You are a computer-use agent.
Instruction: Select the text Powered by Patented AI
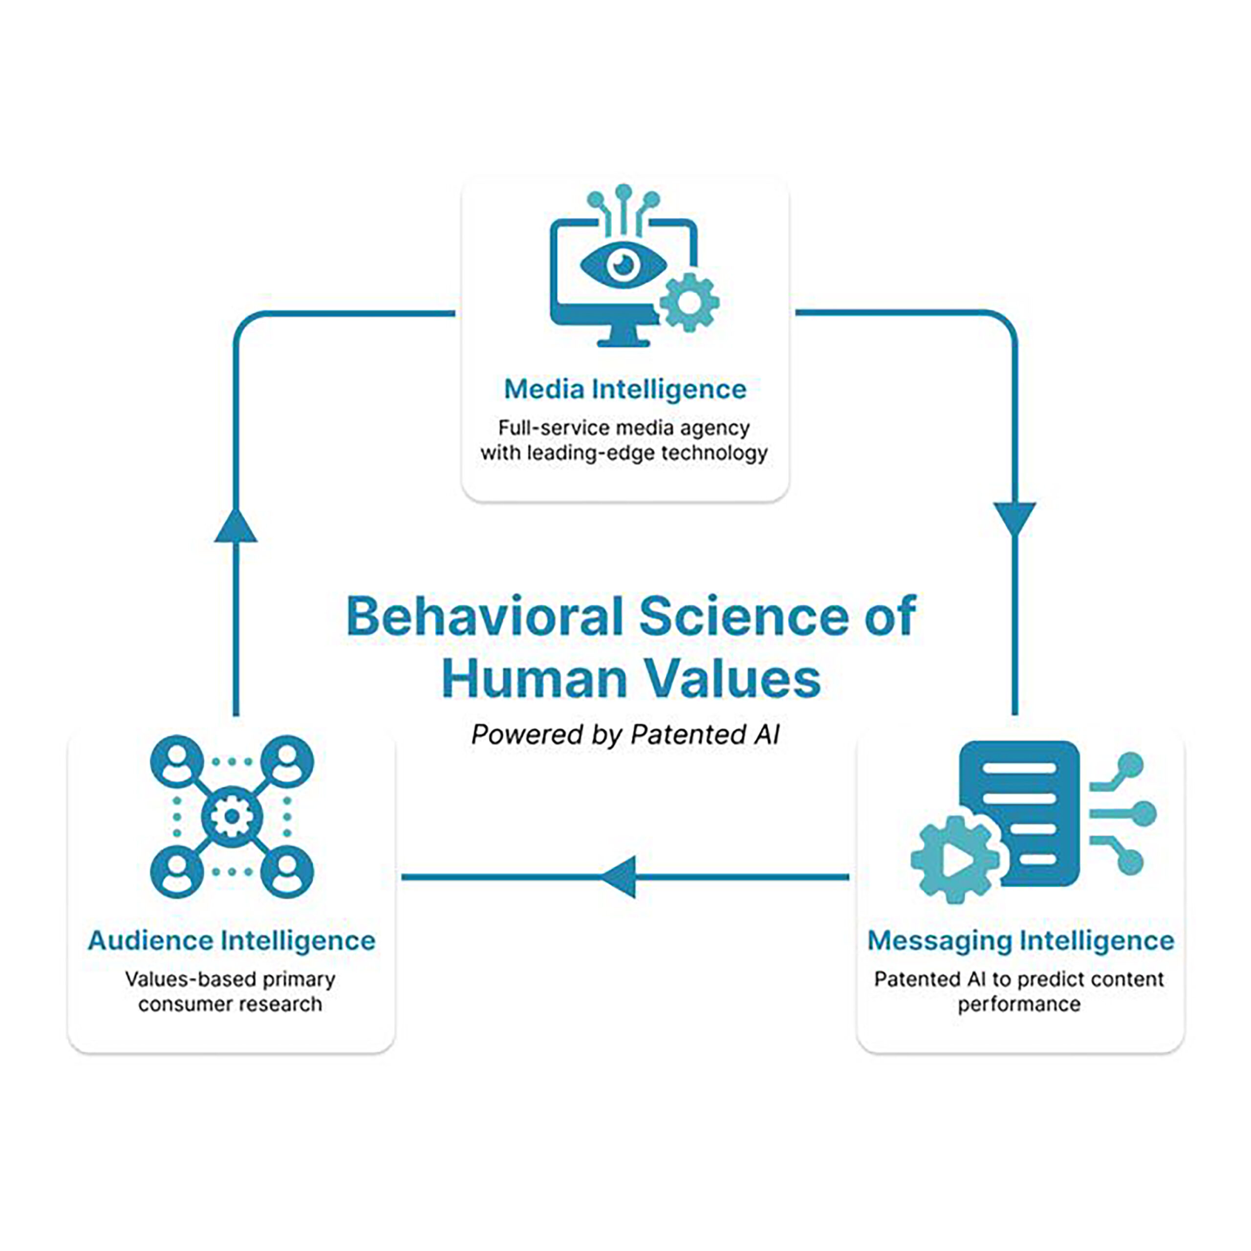tap(625, 735)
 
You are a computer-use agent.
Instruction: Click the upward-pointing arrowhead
tap(236, 524)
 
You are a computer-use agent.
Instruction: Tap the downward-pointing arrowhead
tap(1014, 520)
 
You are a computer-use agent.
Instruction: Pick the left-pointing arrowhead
tap(618, 877)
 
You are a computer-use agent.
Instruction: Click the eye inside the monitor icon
tap(624, 263)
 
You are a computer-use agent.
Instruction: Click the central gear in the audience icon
tap(231, 817)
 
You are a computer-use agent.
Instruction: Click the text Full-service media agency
tap(624, 429)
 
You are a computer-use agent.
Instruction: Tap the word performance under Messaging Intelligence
tap(1019, 1005)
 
